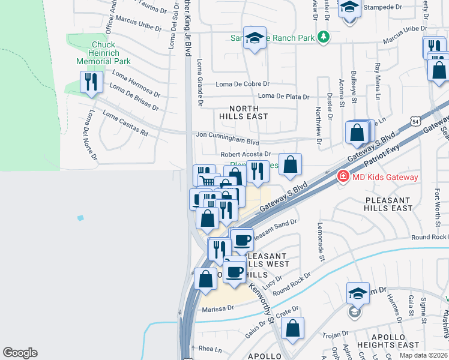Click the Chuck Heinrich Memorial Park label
pyautogui.click(x=103, y=53)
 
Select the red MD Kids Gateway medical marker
pyautogui.click(x=342, y=176)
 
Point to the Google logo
pyautogui.click(x=20, y=353)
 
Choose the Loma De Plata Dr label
pyautogui.click(x=283, y=97)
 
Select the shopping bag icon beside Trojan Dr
pyautogui.click(x=292, y=328)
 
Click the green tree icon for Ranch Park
pyautogui.click(x=324, y=37)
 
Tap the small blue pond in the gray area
pyautogui.click(x=80, y=217)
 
